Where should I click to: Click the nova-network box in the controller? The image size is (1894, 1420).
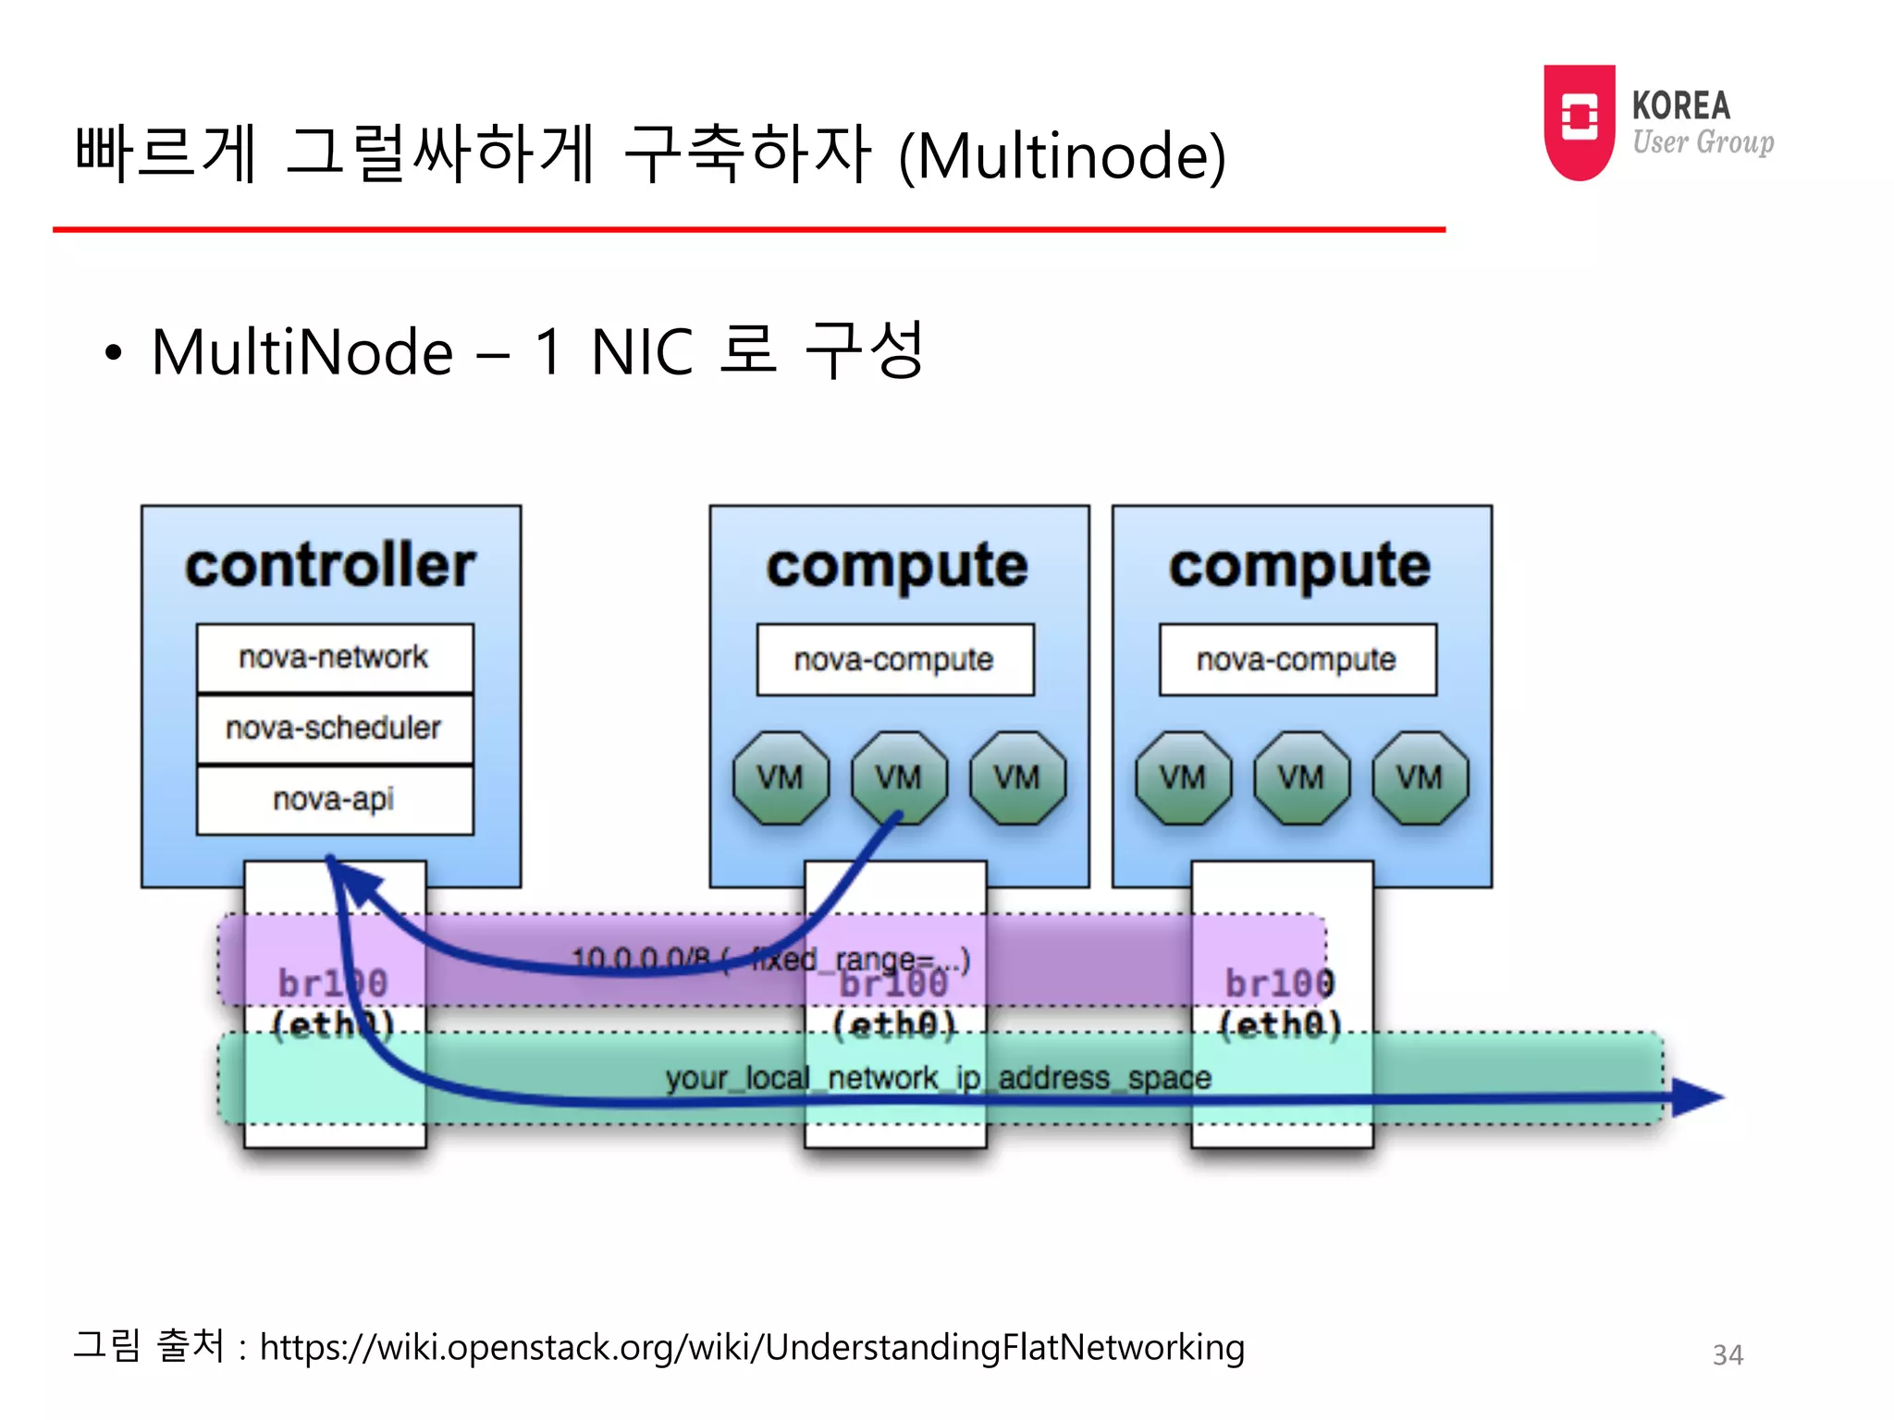click(334, 657)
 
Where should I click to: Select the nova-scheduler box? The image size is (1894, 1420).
click(334, 728)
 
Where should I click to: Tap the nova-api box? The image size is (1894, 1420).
click(334, 799)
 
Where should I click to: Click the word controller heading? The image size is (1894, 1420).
click(330, 566)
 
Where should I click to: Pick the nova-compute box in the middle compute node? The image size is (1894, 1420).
click(894, 660)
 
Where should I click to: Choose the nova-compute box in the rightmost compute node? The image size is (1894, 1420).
click(1297, 660)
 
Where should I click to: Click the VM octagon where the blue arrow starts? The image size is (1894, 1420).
click(899, 777)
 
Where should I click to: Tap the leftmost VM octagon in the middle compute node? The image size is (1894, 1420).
click(781, 777)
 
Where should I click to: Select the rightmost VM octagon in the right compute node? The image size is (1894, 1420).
click(1420, 777)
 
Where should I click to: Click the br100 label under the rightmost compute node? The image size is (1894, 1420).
click(1280, 983)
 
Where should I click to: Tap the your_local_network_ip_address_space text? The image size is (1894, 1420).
click(938, 1078)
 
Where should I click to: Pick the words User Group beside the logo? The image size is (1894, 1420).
click(1703, 142)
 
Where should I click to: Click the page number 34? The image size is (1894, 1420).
click(1728, 1355)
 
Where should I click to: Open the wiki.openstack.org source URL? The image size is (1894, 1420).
click(752, 1348)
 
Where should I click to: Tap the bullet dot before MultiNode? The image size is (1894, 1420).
click(113, 353)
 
